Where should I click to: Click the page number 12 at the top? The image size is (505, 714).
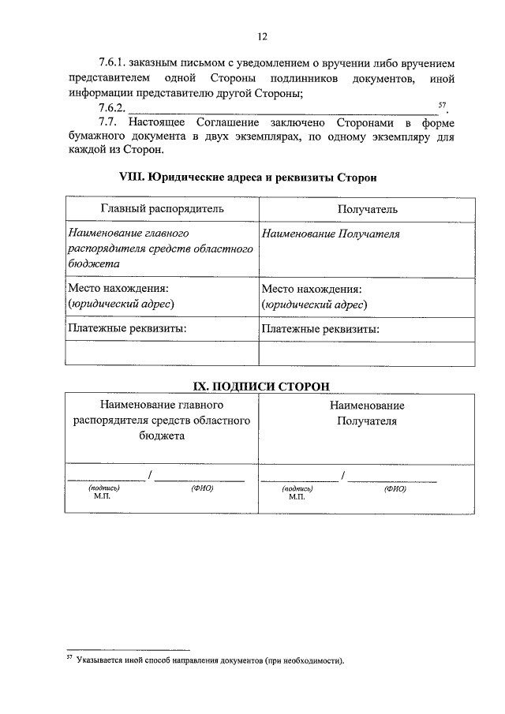click(262, 36)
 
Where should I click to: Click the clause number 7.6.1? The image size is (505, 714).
click(113, 62)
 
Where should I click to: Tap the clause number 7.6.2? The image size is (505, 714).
click(113, 107)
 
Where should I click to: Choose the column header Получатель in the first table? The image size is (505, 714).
click(367, 209)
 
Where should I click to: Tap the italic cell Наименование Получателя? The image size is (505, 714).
click(331, 234)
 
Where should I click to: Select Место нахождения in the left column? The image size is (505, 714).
click(118, 289)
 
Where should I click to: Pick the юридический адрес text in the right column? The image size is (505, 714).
click(314, 304)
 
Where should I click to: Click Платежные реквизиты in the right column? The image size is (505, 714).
click(320, 329)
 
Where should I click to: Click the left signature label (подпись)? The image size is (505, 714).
click(104, 488)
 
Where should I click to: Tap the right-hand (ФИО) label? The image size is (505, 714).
click(395, 488)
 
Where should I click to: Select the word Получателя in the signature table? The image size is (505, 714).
click(367, 421)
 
